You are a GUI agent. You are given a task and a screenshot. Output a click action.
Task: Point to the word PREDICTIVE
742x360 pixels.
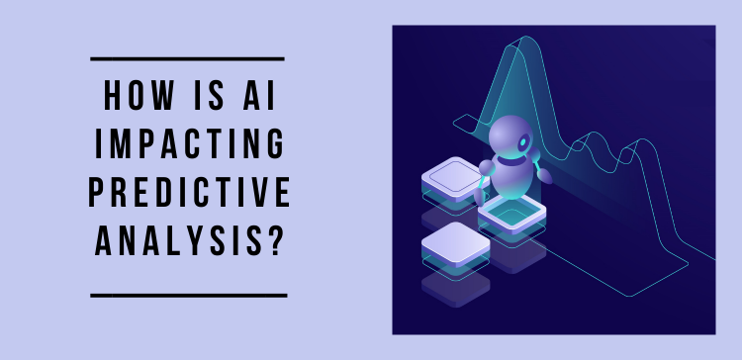coord(189,195)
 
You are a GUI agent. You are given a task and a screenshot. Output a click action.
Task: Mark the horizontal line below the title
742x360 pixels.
coord(187,295)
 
